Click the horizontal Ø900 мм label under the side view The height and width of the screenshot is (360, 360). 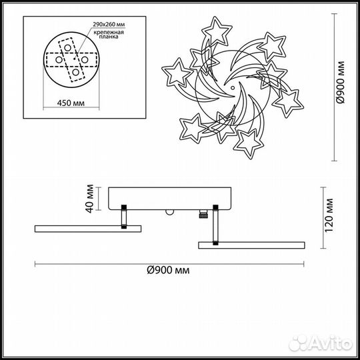click(x=167, y=270)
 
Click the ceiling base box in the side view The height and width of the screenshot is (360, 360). click(x=166, y=198)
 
